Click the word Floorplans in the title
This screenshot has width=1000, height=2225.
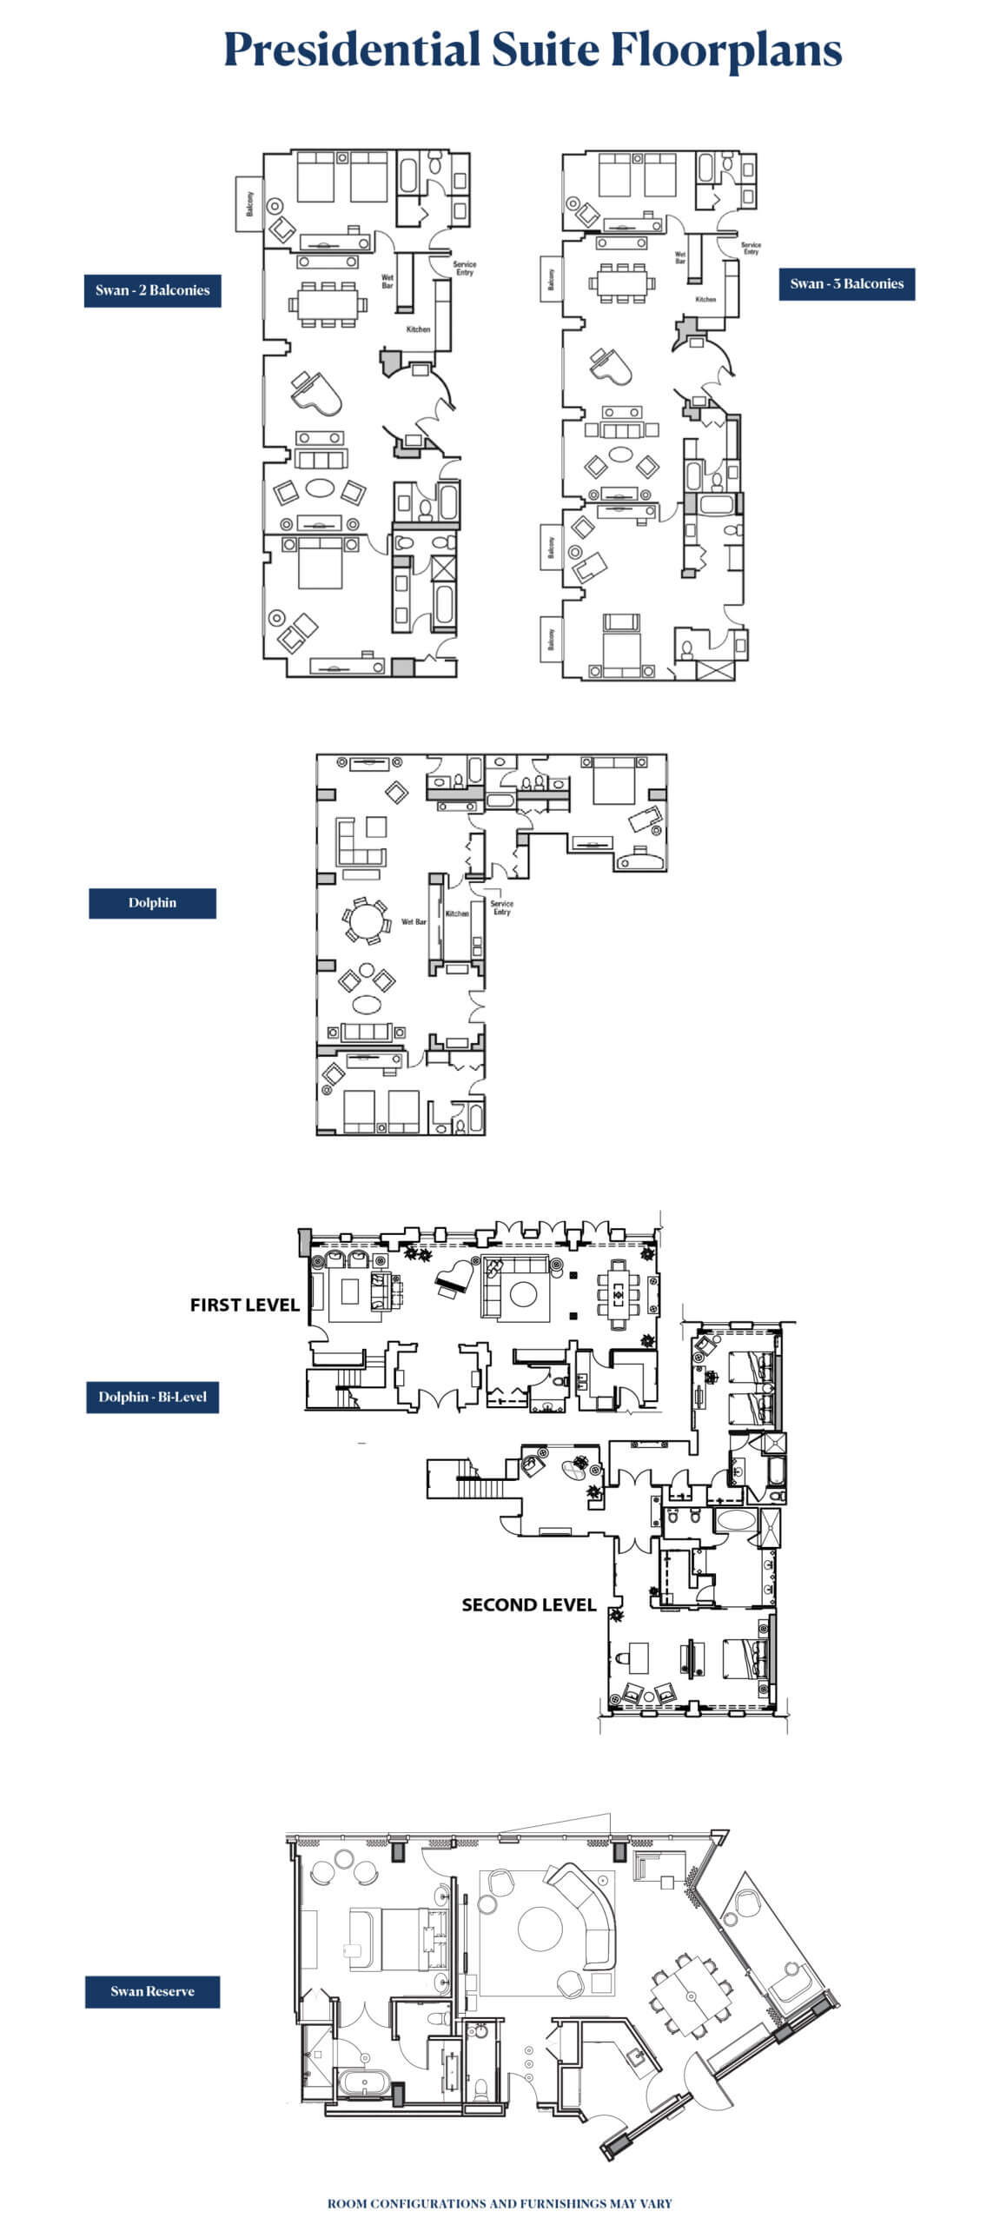click(725, 50)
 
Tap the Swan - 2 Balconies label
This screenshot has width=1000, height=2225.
click(152, 290)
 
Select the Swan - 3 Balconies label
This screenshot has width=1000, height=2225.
click(846, 283)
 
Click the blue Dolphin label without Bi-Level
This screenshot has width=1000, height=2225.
click(152, 902)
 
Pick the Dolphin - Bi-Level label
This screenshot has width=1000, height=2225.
click(152, 1397)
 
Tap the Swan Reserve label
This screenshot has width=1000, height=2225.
click(152, 1991)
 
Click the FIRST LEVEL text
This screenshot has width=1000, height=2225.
click(244, 1305)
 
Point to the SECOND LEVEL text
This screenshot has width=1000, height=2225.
click(527, 1605)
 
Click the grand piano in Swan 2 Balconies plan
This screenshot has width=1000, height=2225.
click(315, 393)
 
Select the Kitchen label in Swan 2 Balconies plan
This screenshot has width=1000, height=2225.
click(418, 329)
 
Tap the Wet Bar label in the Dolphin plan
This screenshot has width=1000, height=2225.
click(414, 921)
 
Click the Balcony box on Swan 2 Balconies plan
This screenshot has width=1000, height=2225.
click(249, 204)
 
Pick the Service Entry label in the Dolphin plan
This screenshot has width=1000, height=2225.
click(501, 907)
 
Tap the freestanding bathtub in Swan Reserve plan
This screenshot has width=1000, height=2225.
click(360, 2082)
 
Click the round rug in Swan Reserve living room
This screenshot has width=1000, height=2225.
click(540, 1929)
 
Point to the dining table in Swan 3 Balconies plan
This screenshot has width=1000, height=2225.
click(621, 282)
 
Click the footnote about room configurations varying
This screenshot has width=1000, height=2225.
click(500, 2202)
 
